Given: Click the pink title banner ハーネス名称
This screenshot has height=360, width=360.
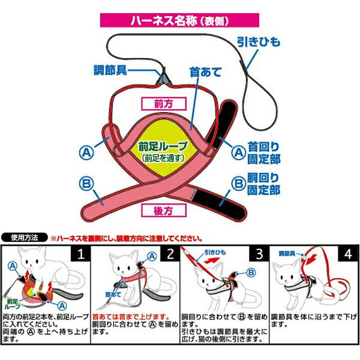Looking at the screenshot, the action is pos(180,20).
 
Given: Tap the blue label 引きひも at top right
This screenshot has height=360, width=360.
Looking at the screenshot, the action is pos(258,42).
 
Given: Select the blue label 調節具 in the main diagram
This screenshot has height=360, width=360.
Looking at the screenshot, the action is pos(110,70).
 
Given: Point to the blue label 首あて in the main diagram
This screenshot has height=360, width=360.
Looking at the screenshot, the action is pos(205,72).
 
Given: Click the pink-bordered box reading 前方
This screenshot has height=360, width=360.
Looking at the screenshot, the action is pos(164,104).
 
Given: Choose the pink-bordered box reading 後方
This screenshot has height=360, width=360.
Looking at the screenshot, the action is pos(163,211).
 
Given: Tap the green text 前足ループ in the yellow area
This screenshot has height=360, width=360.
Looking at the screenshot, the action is pos(163,146).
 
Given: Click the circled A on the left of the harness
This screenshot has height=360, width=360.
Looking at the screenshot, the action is pos(86,153).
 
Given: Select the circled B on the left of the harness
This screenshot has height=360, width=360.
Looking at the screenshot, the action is pos(86,183).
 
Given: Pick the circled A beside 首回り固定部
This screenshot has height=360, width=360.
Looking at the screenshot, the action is pos(239,152).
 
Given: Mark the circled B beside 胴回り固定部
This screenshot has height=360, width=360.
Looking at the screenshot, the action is pos(239,183).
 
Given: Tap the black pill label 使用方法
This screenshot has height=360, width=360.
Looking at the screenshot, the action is pos(24,238).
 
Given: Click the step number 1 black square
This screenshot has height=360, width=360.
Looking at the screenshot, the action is pos(81,254).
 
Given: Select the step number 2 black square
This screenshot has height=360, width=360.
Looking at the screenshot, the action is pos(170,254).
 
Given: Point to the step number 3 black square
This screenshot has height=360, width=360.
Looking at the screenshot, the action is pos(260,254).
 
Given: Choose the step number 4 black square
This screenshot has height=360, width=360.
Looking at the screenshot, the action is pos(348,254).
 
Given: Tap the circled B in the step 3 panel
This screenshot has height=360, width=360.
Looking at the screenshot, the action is pos(251,273).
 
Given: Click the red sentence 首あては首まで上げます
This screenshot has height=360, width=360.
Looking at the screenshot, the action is pos(131,317).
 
